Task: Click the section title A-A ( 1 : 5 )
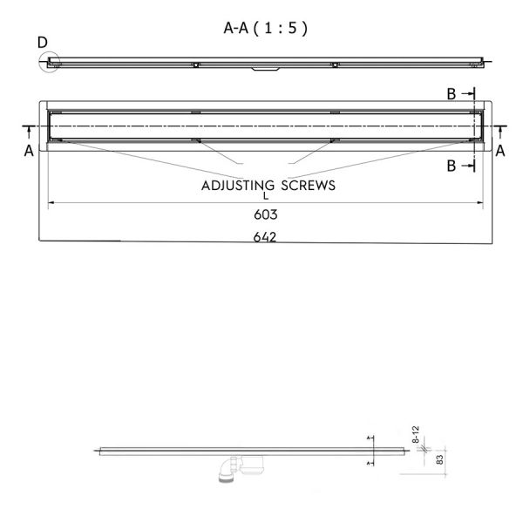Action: click(265, 28)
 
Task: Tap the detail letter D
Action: click(43, 43)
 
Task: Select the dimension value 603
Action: click(266, 214)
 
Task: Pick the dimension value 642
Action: click(265, 237)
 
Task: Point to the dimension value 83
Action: click(440, 459)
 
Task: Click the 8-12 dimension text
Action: click(416, 434)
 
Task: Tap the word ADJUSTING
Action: click(238, 187)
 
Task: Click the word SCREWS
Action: click(308, 186)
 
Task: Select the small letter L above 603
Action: click(266, 196)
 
